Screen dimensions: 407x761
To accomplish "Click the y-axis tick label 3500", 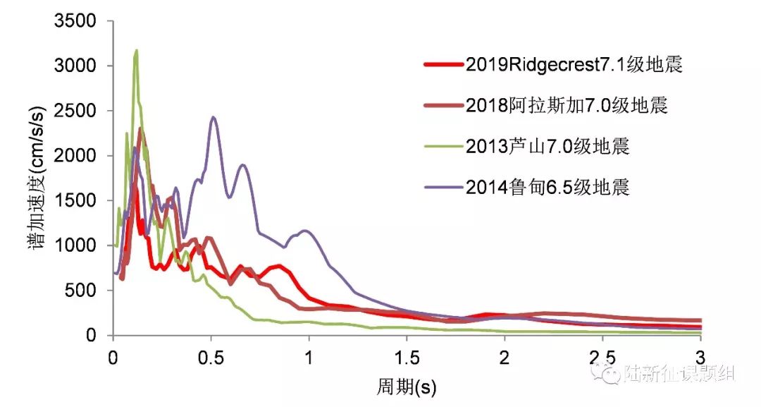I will click(75, 21).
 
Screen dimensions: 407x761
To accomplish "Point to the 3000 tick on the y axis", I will click(75, 66).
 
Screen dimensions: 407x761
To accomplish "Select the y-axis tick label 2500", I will click(75, 111).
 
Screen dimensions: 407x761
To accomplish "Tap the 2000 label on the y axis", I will click(75, 156).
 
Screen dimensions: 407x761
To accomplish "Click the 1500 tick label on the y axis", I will click(75, 201).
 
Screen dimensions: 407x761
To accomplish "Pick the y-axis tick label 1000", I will click(75, 245).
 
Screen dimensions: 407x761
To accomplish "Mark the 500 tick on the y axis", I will click(82, 291).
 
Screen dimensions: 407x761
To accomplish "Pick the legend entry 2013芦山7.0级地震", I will click(547, 147).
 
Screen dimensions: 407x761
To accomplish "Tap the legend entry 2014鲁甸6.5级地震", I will click(547, 187).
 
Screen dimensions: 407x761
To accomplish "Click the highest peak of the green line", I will click(135, 51).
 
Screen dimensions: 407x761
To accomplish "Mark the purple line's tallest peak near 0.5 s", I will click(214, 118).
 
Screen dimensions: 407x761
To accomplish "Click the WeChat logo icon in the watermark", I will click(607, 372).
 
